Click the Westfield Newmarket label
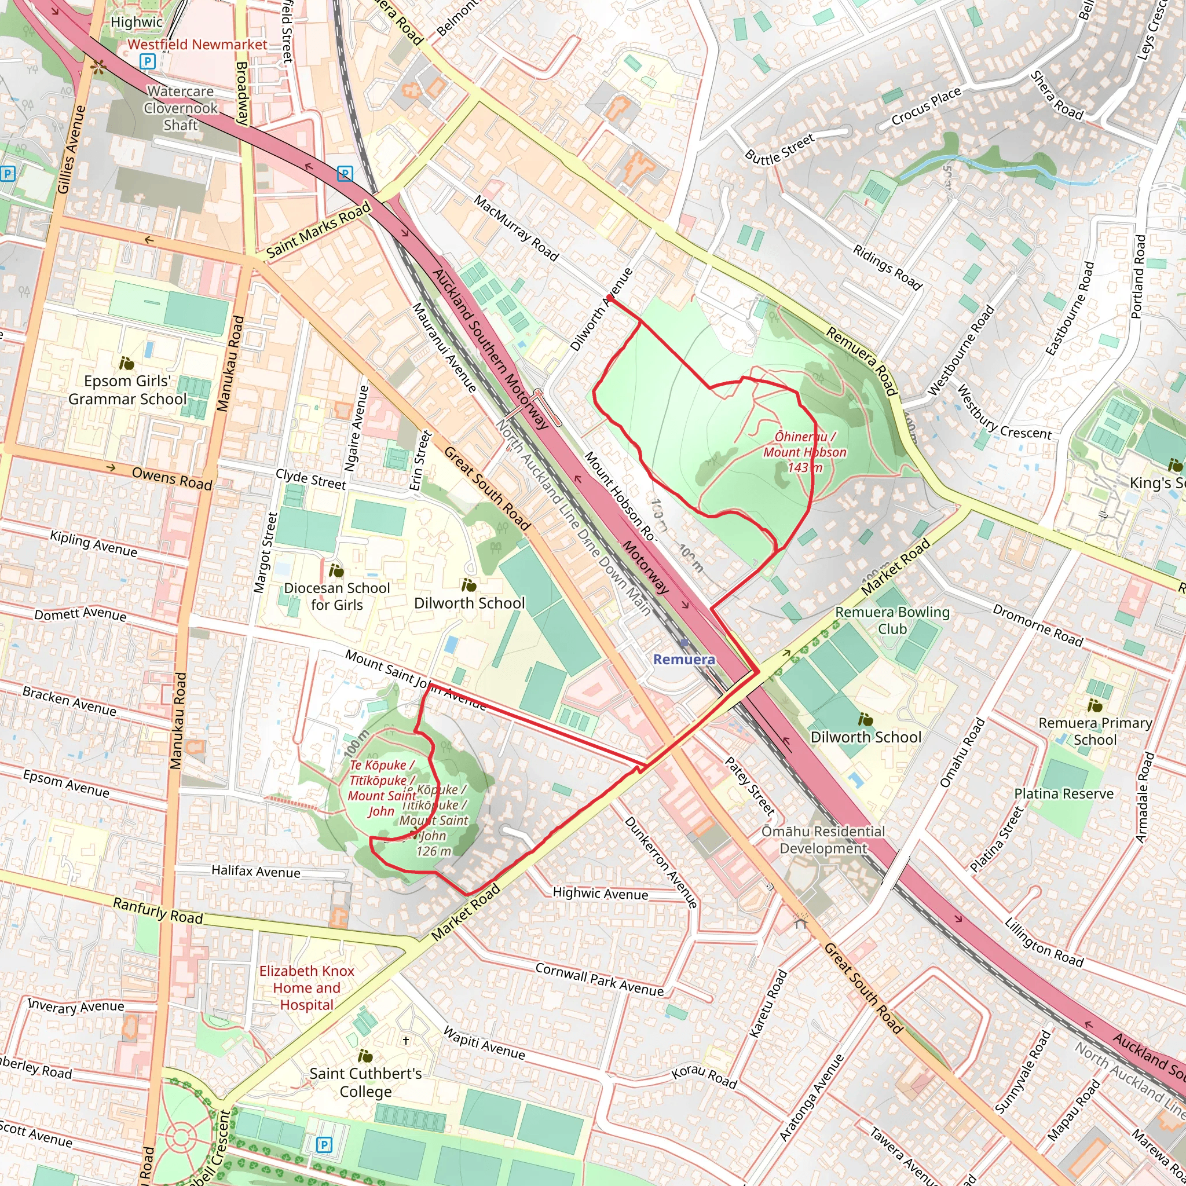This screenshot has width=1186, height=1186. pos(197,44)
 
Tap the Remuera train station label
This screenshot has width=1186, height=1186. pos(684,659)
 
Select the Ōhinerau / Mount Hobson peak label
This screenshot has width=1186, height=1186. pos(805,452)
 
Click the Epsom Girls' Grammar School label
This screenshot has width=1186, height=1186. pos(127,390)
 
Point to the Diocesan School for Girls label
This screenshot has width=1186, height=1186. pos(336,596)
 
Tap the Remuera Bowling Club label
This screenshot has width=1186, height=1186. pos(892,620)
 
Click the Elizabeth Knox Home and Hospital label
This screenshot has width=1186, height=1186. pos(306,988)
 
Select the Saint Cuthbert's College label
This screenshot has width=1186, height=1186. pos(365,1082)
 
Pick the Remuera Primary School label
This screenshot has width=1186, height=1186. pos(1095,731)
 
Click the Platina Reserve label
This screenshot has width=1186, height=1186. pos(1063,794)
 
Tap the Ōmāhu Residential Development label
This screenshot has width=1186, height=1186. pos(823,840)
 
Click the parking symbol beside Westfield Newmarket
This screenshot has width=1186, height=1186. pos(147,61)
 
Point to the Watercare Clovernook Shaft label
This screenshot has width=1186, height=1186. pos(181,108)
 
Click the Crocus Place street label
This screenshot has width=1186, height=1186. pos(926,107)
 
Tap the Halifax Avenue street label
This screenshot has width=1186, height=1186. pos(256,871)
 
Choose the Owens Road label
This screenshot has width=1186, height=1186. pos(172,479)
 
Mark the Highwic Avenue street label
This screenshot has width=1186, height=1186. pos(600,894)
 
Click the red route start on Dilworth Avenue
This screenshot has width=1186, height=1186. pos(609,298)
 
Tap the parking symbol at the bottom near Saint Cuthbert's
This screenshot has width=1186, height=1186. pos(324,1144)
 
